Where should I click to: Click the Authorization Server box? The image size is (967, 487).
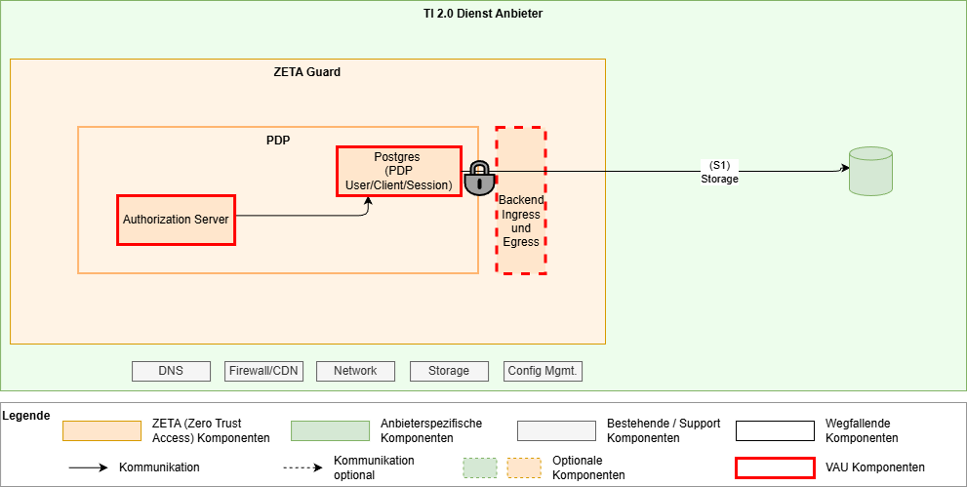coord(176,220)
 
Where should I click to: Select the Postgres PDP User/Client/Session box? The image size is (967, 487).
coord(398,171)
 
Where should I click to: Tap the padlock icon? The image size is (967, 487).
coord(478,179)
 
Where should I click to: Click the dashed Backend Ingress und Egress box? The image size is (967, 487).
coord(520,200)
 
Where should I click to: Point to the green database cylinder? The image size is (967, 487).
coord(870,171)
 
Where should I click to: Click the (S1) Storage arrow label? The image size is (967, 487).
coord(719,172)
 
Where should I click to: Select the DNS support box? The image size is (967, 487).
coord(171,371)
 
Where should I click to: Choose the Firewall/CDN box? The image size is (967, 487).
coord(263,371)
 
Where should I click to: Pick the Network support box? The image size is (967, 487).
coord(355,371)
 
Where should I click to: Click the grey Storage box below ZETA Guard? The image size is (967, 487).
coord(448,371)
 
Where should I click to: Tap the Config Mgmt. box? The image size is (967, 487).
coord(544,371)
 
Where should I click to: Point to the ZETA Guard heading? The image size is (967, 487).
coord(307,72)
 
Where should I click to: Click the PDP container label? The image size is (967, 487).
coord(278,140)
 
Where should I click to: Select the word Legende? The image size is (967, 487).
coord(26,416)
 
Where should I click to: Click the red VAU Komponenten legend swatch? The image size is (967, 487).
coord(775,467)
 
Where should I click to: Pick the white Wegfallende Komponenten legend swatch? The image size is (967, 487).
coord(775,431)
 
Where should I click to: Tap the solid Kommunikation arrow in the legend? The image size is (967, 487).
coord(88,467)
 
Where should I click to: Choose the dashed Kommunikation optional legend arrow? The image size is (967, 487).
coord(302,467)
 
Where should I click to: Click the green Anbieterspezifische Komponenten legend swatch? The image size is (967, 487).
coord(330,431)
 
